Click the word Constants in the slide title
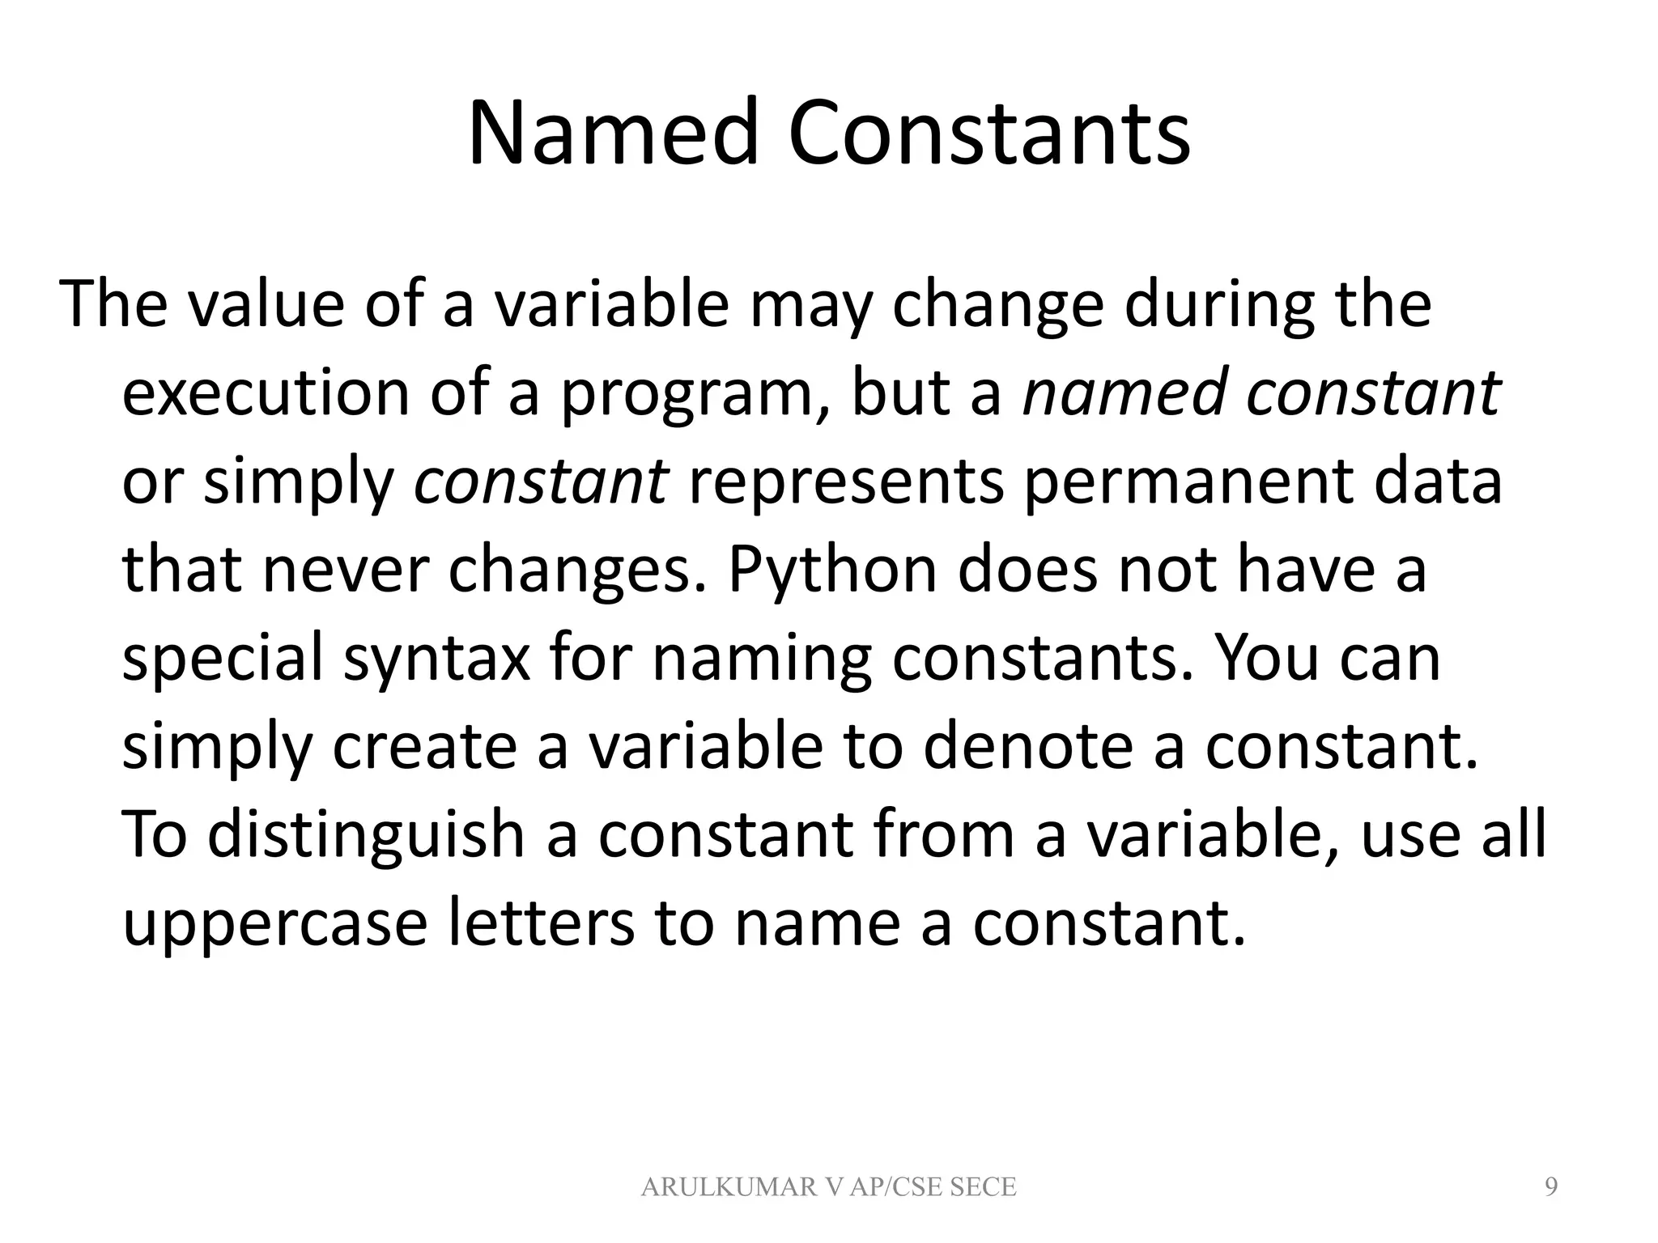988,133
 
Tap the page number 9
1551,1186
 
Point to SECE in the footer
982,1187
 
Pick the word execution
266,393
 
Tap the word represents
846,482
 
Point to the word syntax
437,660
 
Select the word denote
1027,746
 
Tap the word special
223,660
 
